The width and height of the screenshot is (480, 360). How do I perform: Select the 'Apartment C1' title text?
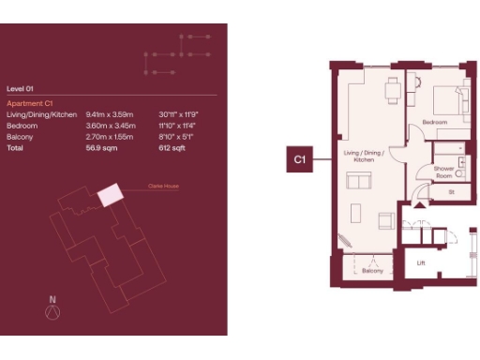tap(29, 102)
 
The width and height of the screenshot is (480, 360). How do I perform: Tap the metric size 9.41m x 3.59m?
tap(107, 113)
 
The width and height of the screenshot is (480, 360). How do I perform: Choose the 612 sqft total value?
tap(172, 147)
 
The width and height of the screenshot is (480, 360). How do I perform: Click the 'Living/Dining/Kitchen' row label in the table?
tap(41, 113)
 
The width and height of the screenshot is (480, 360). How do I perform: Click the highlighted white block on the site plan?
tap(112, 195)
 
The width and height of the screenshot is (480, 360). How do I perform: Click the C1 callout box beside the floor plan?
tap(299, 160)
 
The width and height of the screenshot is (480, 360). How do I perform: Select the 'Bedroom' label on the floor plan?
tap(433, 123)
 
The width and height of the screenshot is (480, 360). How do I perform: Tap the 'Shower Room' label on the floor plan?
tap(442, 172)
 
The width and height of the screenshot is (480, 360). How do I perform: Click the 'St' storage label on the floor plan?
tap(451, 192)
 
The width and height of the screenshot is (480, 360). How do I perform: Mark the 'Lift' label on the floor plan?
tap(421, 263)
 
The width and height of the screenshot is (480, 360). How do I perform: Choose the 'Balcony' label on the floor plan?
tap(373, 271)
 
